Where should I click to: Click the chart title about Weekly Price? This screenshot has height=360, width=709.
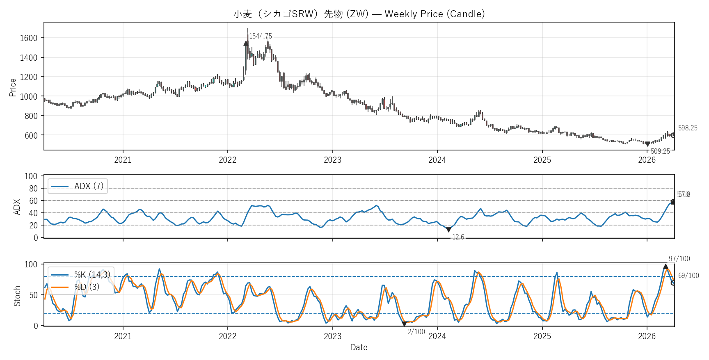(359, 14)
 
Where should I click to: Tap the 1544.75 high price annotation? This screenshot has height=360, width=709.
(260, 36)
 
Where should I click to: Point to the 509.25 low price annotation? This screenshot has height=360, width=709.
(660, 151)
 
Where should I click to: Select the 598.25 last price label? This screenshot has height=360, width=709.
(688, 128)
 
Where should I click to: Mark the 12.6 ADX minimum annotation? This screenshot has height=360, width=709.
(458, 237)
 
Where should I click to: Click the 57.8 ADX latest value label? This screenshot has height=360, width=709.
(684, 194)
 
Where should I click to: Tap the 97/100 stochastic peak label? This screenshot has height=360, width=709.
(679, 259)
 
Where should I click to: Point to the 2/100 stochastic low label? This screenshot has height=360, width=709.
(416, 332)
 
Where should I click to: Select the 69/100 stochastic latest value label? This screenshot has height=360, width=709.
(688, 276)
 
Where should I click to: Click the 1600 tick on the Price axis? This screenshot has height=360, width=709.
(28, 38)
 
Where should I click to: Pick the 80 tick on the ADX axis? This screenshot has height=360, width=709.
(33, 189)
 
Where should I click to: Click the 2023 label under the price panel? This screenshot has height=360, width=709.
(332, 160)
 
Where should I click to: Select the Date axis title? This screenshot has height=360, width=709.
(359, 347)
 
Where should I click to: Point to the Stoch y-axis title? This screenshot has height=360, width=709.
(17, 296)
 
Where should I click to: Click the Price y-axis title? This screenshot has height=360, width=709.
(13, 87)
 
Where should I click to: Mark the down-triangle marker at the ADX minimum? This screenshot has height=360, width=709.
(448, 230)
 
